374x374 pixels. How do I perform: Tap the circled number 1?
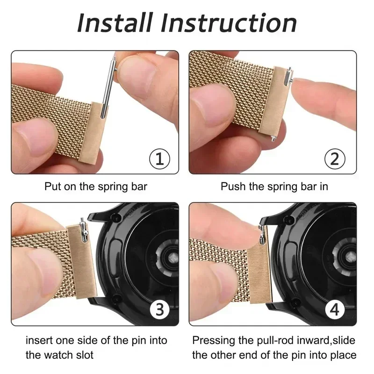click(x=159, y=159)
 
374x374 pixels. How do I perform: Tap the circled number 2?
click(x=334, y=159)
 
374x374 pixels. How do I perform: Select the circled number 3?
click(x=159, y=309)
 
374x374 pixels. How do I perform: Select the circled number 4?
click(x=334, y=309)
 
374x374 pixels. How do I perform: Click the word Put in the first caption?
click(x=53, y=187)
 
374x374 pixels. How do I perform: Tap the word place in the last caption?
click(x=344, y=355)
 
